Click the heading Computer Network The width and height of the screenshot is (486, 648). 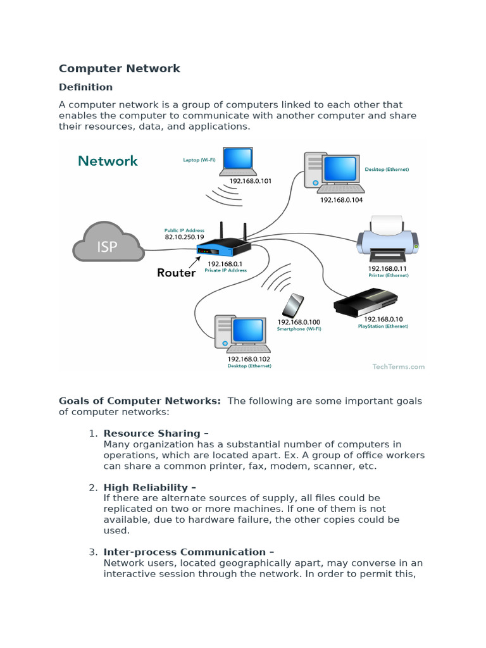[120, 68]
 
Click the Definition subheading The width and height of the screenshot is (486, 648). [85, 87]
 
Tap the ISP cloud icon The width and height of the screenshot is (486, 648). [107, 242]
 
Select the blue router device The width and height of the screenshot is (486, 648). [223, 246]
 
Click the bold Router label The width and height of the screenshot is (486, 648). [176, 273]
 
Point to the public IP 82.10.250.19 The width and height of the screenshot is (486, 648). [181, 237]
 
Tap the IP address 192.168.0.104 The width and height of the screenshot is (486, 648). [341, 199]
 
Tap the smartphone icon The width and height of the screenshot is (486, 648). [293, 306]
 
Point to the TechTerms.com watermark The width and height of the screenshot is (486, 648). [399, 366]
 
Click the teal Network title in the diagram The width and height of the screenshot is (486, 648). [108, 161]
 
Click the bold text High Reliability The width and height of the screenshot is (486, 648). [149, 487]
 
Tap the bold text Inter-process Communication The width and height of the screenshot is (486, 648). [189, 552]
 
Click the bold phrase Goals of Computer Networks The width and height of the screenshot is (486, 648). [140, 401]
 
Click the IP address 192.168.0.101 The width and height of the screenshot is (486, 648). [250, 181]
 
